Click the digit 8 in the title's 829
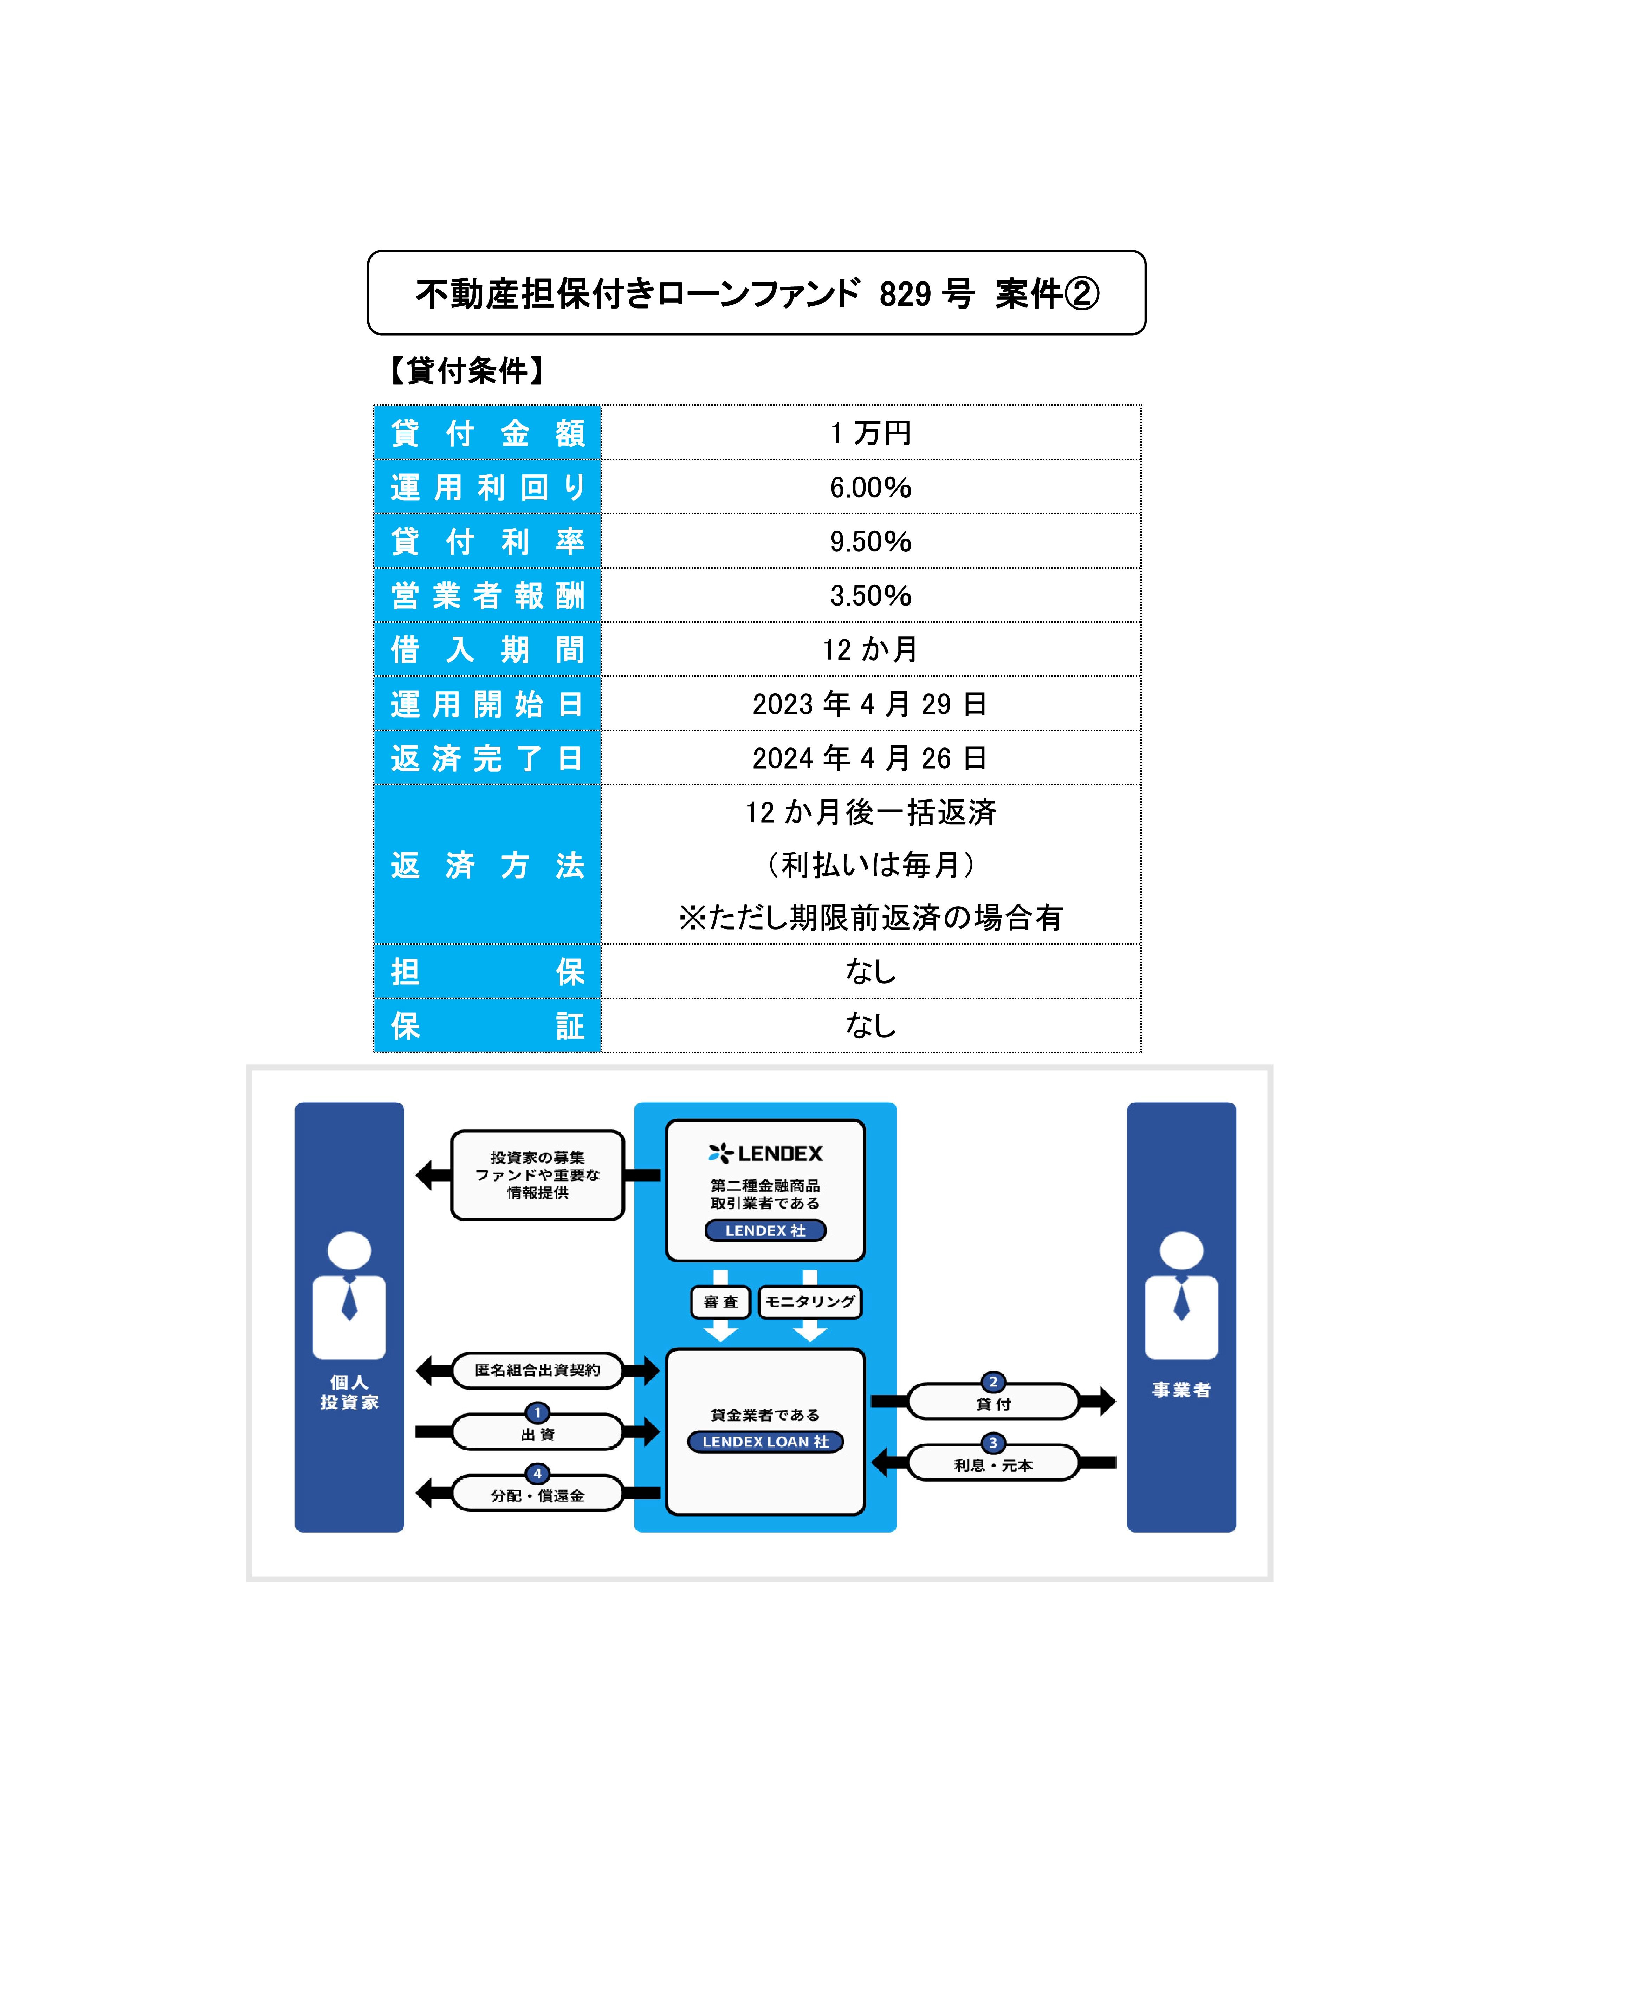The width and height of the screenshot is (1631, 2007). coord(888,294)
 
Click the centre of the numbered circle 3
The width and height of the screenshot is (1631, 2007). coord(993,1442)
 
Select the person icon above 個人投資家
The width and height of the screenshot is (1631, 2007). coord(349,1295)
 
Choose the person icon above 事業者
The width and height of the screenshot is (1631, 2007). coord(1182,1295)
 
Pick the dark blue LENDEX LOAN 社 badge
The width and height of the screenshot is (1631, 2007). coord(766,1441)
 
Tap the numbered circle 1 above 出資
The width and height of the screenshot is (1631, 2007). coord(537,1412)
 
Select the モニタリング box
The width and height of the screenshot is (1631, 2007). coord(810,1301)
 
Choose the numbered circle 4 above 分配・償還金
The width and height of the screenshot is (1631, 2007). coord(537,1473)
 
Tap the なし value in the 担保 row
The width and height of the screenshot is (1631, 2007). coord(871,971)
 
